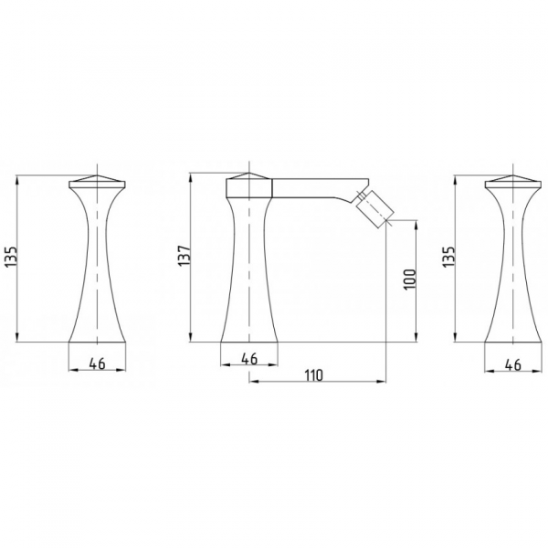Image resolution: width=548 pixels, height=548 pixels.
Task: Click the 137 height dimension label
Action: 184,256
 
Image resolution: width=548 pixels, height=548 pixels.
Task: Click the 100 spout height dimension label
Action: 410,279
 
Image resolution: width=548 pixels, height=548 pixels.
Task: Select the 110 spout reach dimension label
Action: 314,375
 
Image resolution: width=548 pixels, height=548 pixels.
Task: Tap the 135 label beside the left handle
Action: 12,257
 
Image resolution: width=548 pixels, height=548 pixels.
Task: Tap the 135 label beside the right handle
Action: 448,257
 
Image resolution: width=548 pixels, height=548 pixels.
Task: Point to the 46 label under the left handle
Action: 97,364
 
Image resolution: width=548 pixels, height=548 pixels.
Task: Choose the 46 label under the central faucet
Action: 249,359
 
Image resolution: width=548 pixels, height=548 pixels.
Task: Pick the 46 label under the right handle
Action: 512,365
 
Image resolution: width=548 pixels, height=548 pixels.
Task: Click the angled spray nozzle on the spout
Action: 374,207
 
